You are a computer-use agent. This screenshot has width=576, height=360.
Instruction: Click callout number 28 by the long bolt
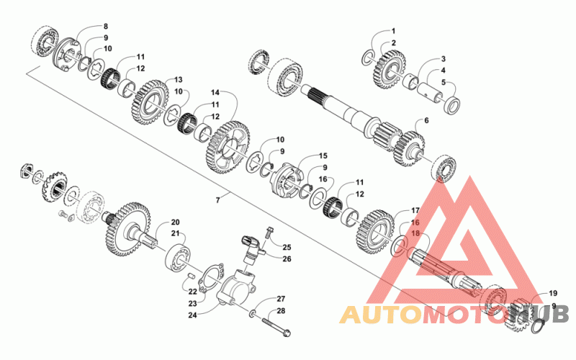tap(281, 311)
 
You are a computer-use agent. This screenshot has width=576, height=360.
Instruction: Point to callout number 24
tap(192, 315)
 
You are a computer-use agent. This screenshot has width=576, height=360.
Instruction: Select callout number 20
tap(175, 222)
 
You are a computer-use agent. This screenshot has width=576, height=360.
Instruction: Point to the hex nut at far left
tap(26, 171)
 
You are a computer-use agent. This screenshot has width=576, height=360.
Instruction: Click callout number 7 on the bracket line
tap(218, 200)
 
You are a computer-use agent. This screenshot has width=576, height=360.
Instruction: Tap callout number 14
tap(215, 91)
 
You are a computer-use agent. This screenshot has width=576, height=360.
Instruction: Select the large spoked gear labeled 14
tap(228, 148)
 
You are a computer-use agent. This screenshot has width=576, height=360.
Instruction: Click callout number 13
tap(178, 79)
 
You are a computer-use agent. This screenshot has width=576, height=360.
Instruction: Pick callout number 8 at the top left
tap(106, 26)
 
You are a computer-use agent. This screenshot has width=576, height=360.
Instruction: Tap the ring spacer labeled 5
tap(452, 104)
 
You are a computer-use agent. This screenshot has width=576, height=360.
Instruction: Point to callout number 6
tap(426, 120)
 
